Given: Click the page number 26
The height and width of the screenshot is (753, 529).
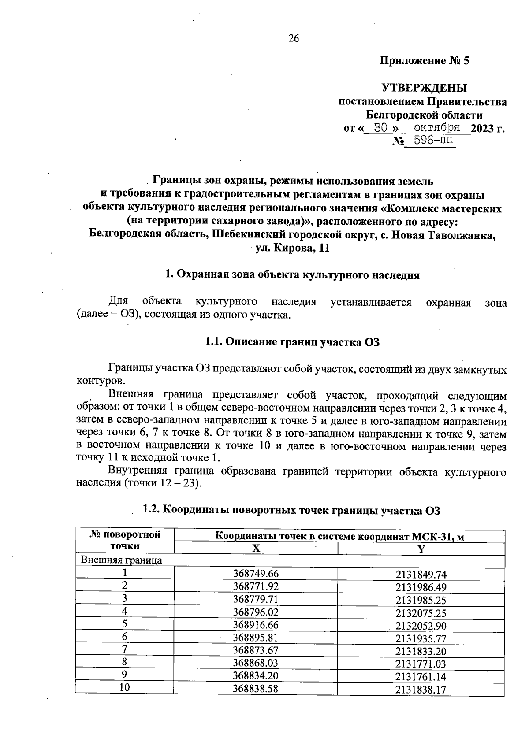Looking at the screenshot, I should tap(294, 38).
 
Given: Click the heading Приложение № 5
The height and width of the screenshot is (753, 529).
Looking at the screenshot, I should tap(425, 61).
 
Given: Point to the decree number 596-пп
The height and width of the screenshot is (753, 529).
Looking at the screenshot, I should tap(430, 142).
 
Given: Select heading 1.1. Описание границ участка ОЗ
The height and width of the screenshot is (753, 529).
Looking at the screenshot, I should tap(292, 342).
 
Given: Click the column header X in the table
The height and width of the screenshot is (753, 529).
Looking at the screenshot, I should tap(256, 549).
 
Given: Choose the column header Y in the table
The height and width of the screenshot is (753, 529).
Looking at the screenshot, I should tap(421, 549).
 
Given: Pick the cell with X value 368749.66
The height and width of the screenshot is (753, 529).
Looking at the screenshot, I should tap(256, 573).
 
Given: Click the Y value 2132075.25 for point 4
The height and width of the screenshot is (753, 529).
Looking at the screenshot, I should tap(421, 612).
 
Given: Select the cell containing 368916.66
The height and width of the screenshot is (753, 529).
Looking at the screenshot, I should tap(256, 625).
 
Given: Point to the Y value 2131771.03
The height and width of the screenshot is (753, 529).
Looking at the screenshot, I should tap(421, 664).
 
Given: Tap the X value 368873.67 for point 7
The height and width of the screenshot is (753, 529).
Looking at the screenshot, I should tap(256, 650).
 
